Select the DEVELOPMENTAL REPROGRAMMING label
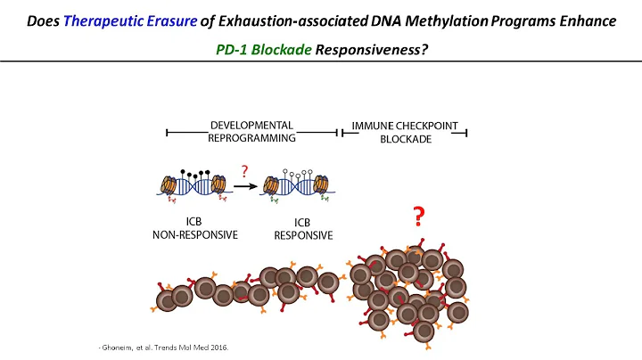point(251,132)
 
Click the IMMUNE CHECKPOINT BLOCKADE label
point(402,132)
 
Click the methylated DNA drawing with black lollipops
point(193,188)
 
